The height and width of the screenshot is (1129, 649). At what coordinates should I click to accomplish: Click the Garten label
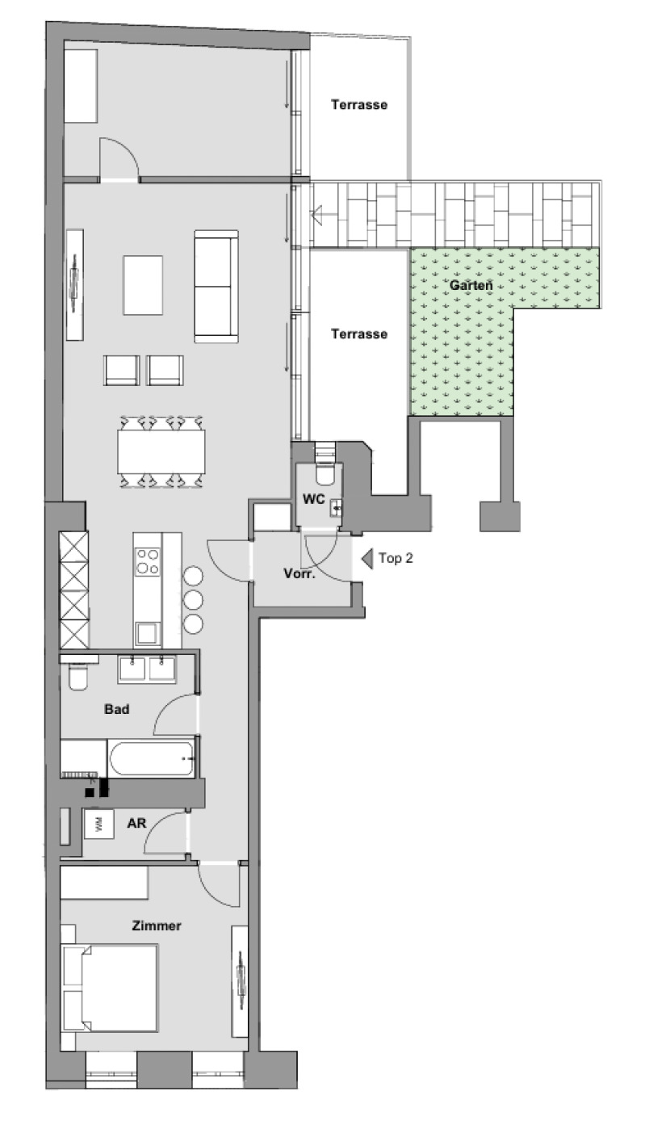coord(471,285)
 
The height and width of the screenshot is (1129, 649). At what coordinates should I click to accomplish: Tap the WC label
coord(313,499)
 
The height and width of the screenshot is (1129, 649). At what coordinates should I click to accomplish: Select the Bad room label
coord(117,709)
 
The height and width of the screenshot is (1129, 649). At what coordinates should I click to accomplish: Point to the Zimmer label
coord(157,925)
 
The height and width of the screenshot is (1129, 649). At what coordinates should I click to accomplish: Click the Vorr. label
coord(299,573)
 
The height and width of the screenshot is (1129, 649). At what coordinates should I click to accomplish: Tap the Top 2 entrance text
coord(396,558)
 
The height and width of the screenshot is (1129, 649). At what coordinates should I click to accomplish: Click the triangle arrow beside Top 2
coord(368,559)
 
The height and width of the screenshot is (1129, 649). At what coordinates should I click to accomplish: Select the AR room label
coord(136,823)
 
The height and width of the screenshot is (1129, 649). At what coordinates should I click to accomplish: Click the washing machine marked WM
coord(98,824)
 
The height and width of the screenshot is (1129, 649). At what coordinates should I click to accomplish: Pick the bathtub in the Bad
coord(151,758)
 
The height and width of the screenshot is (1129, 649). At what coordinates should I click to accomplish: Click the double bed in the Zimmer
coord(109,988)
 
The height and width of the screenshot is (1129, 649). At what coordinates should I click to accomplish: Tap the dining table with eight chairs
coord(161,451)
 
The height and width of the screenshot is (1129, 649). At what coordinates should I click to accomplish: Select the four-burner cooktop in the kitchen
coord(148,561)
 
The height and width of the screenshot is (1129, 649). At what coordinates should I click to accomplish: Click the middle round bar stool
coord(193,600)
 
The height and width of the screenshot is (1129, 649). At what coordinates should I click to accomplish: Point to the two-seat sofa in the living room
coord(216,286)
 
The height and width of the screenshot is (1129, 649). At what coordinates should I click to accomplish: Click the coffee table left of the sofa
coord(143,285)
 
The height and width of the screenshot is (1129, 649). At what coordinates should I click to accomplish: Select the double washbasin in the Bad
coord(147,669)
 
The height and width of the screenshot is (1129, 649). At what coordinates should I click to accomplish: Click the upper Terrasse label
coord(359,105)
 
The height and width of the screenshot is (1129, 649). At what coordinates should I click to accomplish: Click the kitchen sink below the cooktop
coord(147,634)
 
